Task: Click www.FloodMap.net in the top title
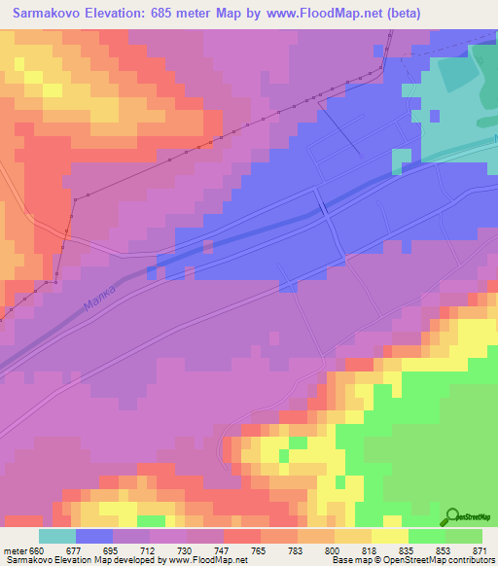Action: click(x=312, y=13)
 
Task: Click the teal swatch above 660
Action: click(x=57, y=535)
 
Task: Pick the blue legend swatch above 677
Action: click(x=94, y=535)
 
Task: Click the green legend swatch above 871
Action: click(x=464, y=535)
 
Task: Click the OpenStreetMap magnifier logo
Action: click(x=453, y=515)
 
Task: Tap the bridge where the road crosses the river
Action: click(x=321, y=207)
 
